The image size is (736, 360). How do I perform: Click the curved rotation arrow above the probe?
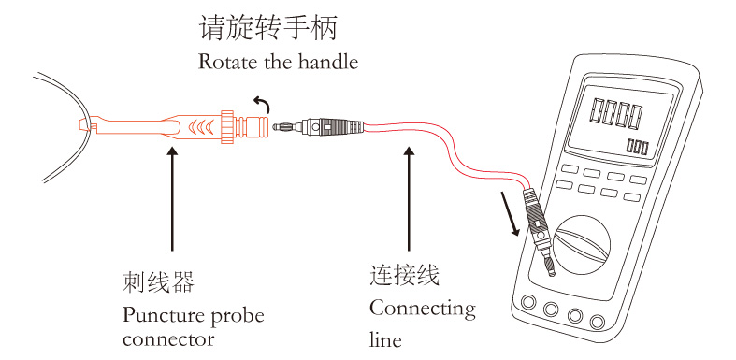(262, 105)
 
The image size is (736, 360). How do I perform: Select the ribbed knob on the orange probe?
(227, 126)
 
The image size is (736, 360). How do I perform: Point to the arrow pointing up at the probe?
(173, 199)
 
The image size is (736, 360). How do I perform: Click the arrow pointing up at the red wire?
(410, 199)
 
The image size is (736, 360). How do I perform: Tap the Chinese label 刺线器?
(158, 281)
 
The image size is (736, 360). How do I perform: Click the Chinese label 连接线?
(405, 275)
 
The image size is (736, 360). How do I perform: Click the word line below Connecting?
(385, 338)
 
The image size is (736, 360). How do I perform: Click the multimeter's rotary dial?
(581, 244)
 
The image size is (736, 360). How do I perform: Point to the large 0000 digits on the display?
(617, 113)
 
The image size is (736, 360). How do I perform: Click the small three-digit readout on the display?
(638, 147)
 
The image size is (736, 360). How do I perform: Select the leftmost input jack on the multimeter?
(528, 302)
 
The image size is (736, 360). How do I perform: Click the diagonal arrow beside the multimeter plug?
(512, 213)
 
